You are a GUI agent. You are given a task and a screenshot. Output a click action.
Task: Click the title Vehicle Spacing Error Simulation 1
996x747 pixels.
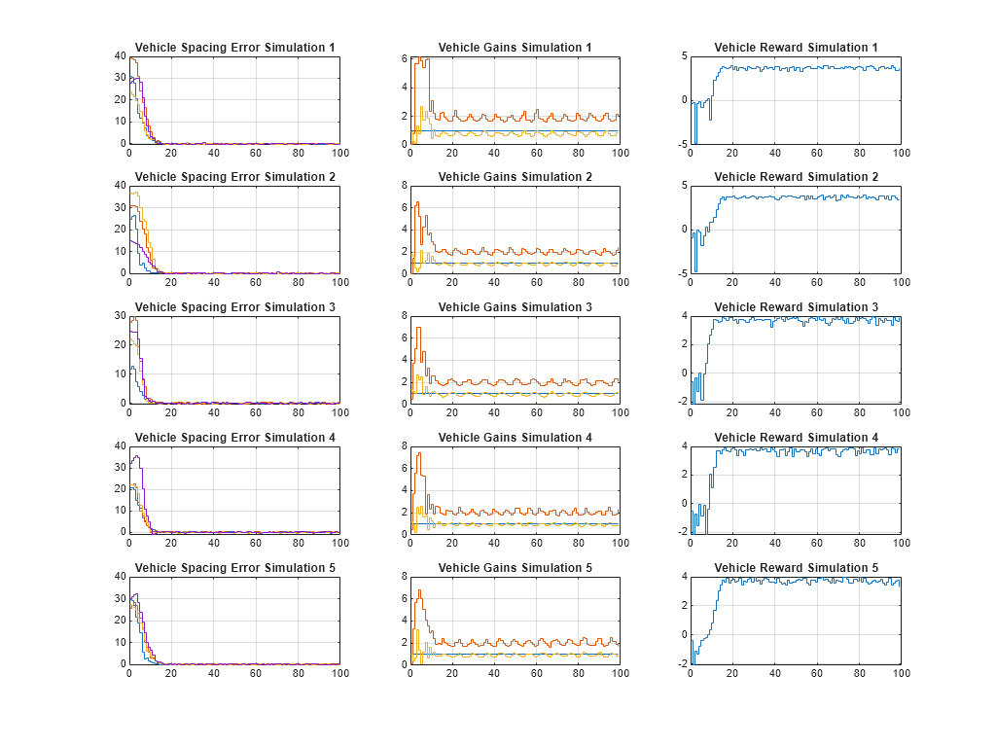[234, 47]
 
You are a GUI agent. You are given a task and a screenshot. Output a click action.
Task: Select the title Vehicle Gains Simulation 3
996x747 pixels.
[515, 307]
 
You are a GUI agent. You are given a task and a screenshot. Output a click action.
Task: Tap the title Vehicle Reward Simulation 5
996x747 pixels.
[796, 568]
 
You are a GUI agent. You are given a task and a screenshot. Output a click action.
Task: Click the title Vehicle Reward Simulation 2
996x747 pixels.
[796, 177]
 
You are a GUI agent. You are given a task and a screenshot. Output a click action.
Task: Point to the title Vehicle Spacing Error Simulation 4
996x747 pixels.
[234, 438]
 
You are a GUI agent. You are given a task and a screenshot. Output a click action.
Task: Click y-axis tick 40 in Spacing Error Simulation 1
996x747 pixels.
[120, 56]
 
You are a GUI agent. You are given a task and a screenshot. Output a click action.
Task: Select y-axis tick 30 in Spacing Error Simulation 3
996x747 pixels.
[120, 316]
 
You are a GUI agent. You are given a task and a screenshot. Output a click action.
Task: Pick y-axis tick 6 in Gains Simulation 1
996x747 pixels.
[402, 58]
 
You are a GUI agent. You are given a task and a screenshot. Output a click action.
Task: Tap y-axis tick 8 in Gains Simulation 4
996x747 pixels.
[402, 446]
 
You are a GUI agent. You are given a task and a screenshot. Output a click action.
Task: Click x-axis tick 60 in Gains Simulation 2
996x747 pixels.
[536, 283]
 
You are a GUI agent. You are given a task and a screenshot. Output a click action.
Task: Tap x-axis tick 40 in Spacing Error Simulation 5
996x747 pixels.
[213, 674]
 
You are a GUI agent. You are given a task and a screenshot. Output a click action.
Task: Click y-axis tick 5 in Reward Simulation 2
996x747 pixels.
[684, 186]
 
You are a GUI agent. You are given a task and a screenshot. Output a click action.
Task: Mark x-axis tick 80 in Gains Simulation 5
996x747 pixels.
[578, 674]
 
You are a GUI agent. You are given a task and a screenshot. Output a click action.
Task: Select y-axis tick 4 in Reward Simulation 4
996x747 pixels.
[684, 446]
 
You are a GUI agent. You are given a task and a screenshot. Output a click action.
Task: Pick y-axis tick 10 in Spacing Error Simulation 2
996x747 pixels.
[120, 252]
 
